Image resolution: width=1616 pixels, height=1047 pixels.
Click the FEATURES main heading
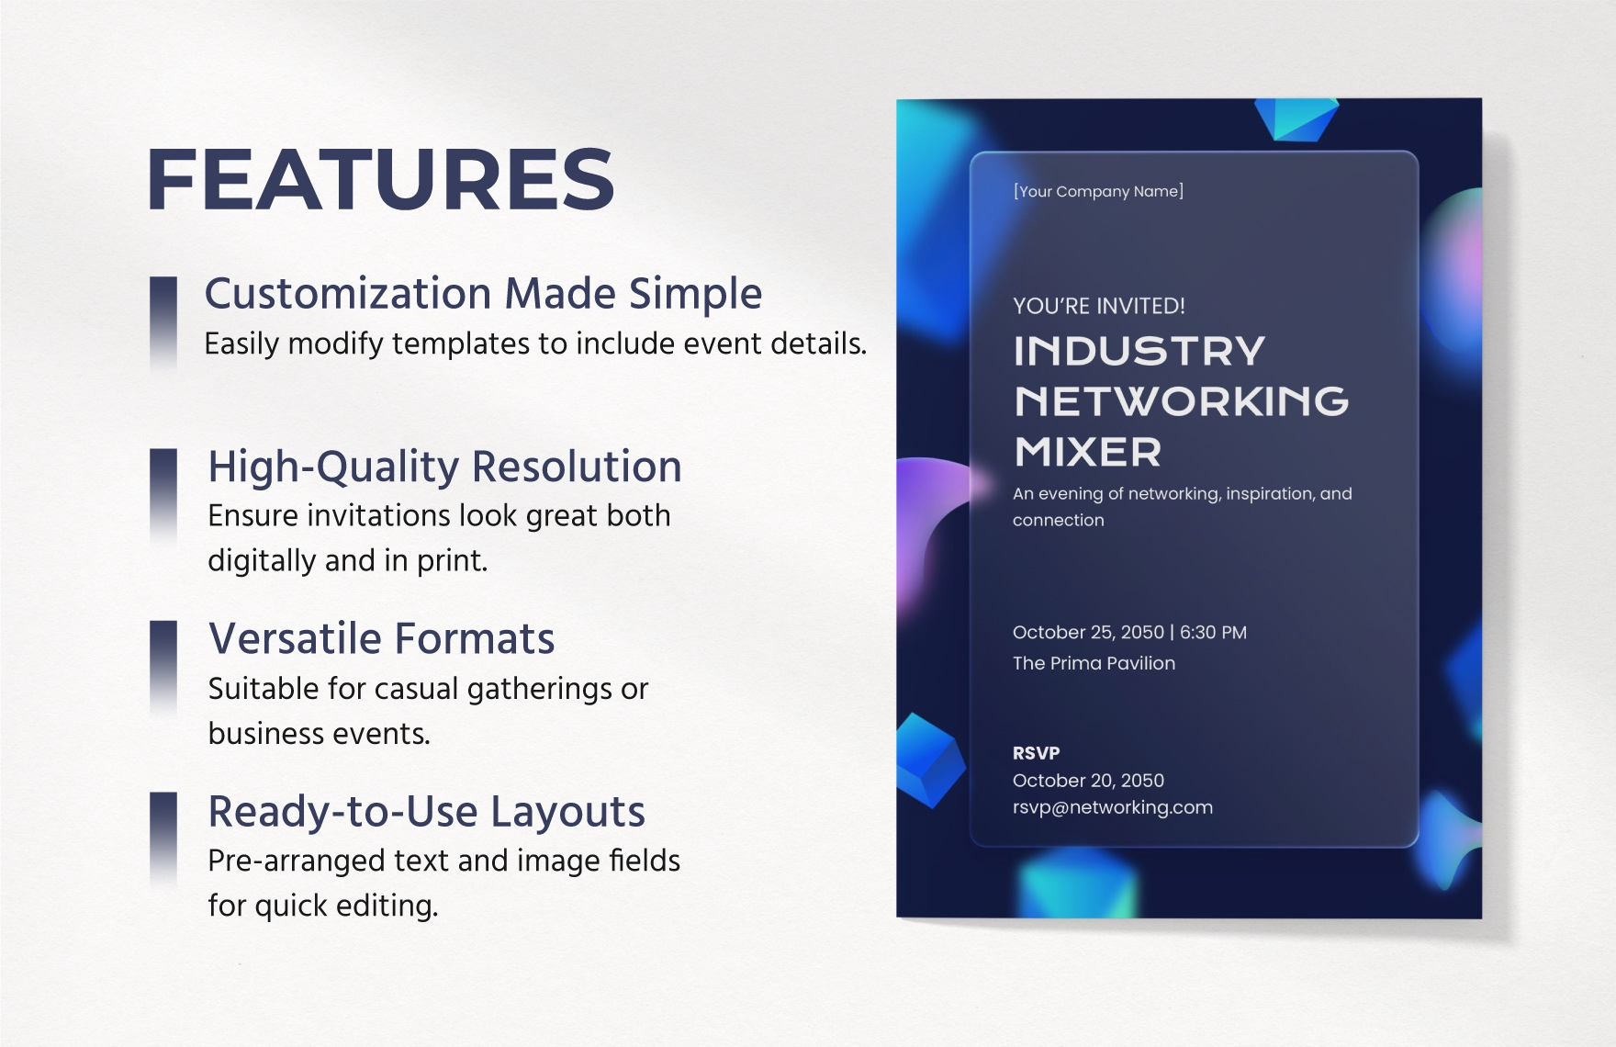(x=380, y=179)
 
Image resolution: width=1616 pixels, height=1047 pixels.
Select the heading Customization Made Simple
(x=483, y=294)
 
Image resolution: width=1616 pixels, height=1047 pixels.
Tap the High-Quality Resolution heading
(x=445, y=467)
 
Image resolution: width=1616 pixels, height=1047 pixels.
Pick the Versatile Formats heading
(x=382, y=638)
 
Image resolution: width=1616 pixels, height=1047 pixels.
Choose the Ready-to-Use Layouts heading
(x=427, y=812)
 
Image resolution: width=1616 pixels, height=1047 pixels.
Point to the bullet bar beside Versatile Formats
(x=163, y=668)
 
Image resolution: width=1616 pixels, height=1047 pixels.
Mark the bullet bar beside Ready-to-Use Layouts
(x=163, y=839)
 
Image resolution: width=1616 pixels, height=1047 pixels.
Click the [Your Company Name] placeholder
(x=1098, y=191)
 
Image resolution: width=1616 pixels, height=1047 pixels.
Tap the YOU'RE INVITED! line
(x=1099, y=306)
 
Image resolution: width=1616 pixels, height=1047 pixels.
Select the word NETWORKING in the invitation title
(x=1182, y=401)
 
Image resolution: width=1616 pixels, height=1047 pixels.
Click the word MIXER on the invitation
(x=1088, y=452)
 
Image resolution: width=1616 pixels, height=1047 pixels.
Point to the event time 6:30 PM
(x=1213, y=632)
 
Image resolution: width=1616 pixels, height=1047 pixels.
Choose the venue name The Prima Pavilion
(x=1094, y=663)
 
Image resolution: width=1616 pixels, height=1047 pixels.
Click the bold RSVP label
(x=1037, y=753)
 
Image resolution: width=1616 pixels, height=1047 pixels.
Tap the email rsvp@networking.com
(x=1113, y=807)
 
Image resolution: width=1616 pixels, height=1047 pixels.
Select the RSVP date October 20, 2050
(x=1088, y=781)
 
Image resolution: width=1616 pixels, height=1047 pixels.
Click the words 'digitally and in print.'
(x=347, y=560)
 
